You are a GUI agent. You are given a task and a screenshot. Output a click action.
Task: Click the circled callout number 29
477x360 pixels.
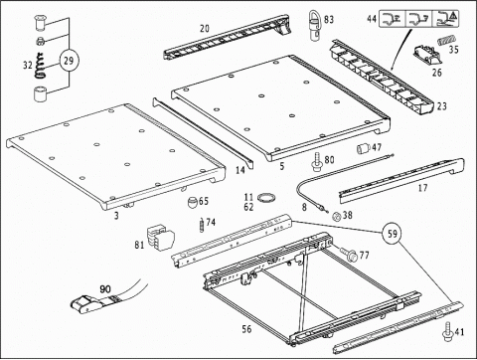click(69, 61)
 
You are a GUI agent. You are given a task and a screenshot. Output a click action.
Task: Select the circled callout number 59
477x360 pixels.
click(393, 234)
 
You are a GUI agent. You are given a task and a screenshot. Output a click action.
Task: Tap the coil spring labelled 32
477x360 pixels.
click(39, 66)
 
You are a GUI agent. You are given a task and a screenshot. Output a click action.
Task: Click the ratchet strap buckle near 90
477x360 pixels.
click(90, 303)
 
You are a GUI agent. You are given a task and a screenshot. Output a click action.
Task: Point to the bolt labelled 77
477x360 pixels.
click(347, 254)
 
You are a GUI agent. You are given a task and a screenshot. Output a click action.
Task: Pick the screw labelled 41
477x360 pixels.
click(448, 331)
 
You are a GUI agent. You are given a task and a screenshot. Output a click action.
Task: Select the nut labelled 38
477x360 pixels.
click(336, 217)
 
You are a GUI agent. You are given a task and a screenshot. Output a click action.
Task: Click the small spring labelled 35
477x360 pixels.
click(446, 41)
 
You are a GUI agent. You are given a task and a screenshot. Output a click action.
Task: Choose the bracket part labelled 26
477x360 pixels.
click(427, 55)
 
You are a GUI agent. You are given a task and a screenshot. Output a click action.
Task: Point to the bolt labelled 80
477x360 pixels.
click(317, 162)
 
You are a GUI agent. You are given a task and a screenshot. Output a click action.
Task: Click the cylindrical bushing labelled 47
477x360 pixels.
click(363, 148)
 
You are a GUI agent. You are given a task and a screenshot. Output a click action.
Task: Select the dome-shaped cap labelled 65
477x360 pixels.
click(193, 202)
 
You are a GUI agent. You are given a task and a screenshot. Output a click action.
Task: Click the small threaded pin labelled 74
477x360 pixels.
click(202, 225)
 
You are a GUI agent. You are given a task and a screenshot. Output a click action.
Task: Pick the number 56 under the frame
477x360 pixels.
click(246, 329)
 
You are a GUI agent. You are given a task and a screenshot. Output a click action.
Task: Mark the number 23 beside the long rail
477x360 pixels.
click(442, 106)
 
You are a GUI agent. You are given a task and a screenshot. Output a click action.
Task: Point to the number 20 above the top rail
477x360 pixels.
click(205, 29)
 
